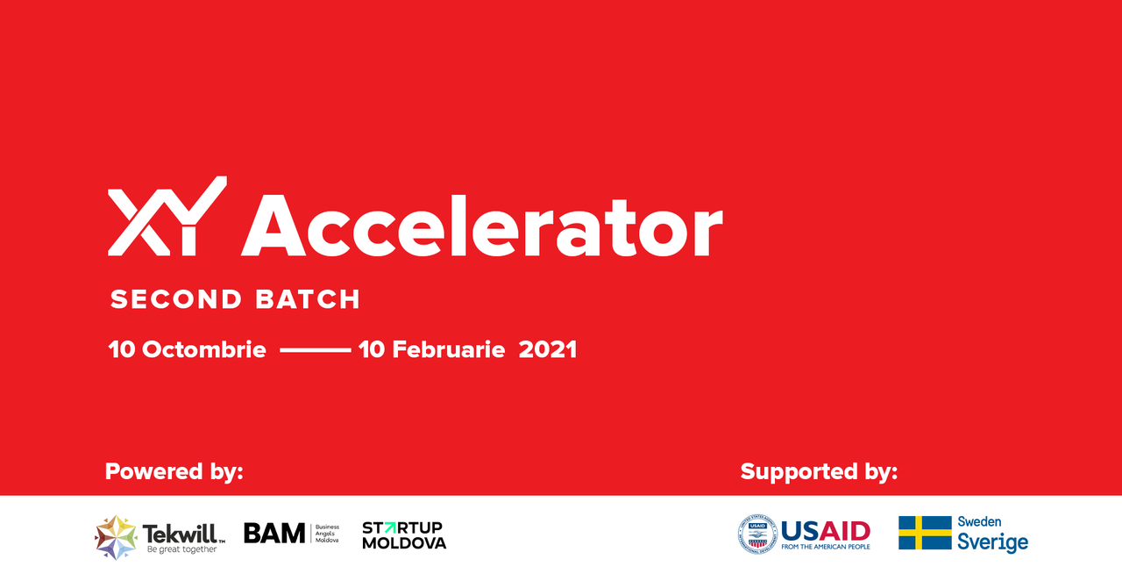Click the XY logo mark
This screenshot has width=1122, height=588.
pyautogui.click(x=167, y=216)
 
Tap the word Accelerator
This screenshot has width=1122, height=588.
pyautogui.click(x=482, y=226)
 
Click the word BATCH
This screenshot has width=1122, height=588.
pyautogui.click(x=308, y=299)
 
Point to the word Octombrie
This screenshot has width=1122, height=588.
pyautogui.click(x=204, y=349)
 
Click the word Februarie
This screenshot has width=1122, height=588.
pyautogui.click(x=448, y=349)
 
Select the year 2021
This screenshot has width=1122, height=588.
pyautogui.click(x=548, y=349)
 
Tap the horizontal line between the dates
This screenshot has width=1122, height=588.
pyautogui.click(x=315, y=350)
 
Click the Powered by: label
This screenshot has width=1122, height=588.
pyautogui.click(x=174, y=472)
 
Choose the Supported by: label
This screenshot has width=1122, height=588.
pyautogui.click(x=819, y=472)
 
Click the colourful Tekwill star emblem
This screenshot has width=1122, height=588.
pyautogui.click(x=116, y=537)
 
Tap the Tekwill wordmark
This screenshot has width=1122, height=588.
pyautogui.click(x=183, y=534)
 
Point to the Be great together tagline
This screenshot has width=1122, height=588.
pyautogui.click(x=181, y=549)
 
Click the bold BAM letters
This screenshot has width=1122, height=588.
pyautogui.click(x=274, y=534)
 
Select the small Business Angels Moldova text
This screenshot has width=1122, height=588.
pyautogui.click(x=327, y=534)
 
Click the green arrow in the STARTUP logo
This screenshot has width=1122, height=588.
pyautogui.click(x=390, y=527)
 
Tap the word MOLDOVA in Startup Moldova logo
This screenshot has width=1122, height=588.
pyautogui.click(x=404, y=543)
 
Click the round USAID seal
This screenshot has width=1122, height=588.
pyautogui.click(x=757, y=534)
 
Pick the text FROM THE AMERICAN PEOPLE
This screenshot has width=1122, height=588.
pyautogui.click(x=826, y=547)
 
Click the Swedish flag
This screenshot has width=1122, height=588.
pyautogui.click(x=925, y=533)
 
